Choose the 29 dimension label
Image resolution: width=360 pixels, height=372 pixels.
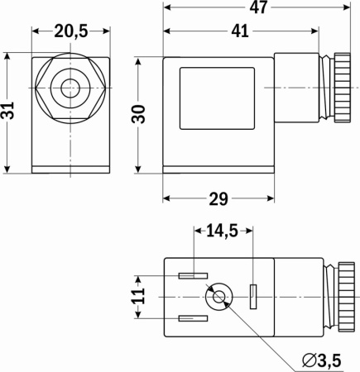218,200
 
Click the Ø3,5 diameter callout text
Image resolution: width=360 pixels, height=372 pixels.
323,359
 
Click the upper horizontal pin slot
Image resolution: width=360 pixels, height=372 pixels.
191,275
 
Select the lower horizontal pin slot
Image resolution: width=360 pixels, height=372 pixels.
191,318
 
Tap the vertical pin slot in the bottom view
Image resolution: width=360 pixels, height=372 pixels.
253,293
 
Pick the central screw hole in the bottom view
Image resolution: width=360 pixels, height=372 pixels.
219,297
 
